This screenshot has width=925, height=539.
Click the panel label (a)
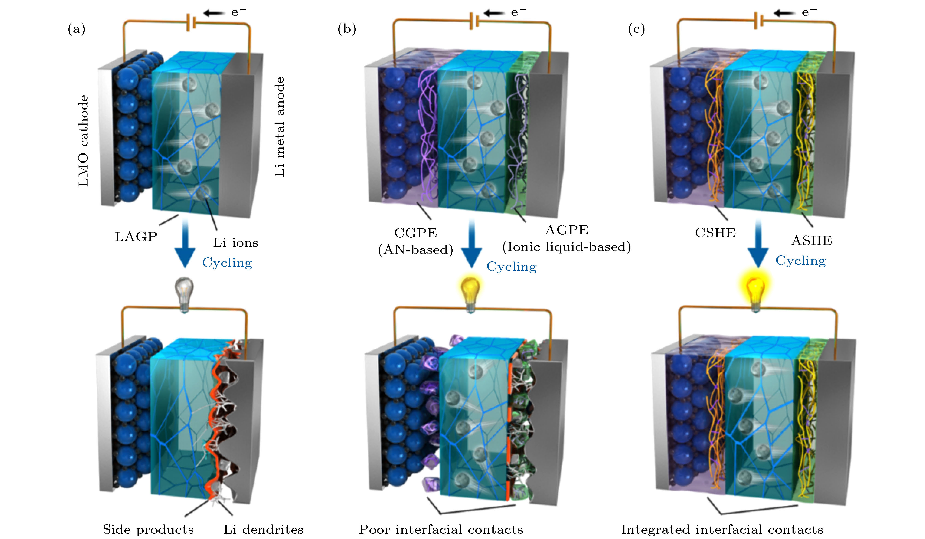[76, 29]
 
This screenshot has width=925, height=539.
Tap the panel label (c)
[636, 29]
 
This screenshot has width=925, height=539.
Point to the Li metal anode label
[280, 127]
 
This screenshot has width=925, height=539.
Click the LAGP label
[136, 237]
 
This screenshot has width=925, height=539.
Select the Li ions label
[236, 243]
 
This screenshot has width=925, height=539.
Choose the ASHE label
[812, 241]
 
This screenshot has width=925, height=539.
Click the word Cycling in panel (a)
[227, 262]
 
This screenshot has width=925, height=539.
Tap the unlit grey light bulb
[184, 294]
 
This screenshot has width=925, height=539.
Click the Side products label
[148, 529]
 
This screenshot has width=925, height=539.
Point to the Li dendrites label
[263, 529]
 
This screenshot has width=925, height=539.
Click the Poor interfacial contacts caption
[441, 529]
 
